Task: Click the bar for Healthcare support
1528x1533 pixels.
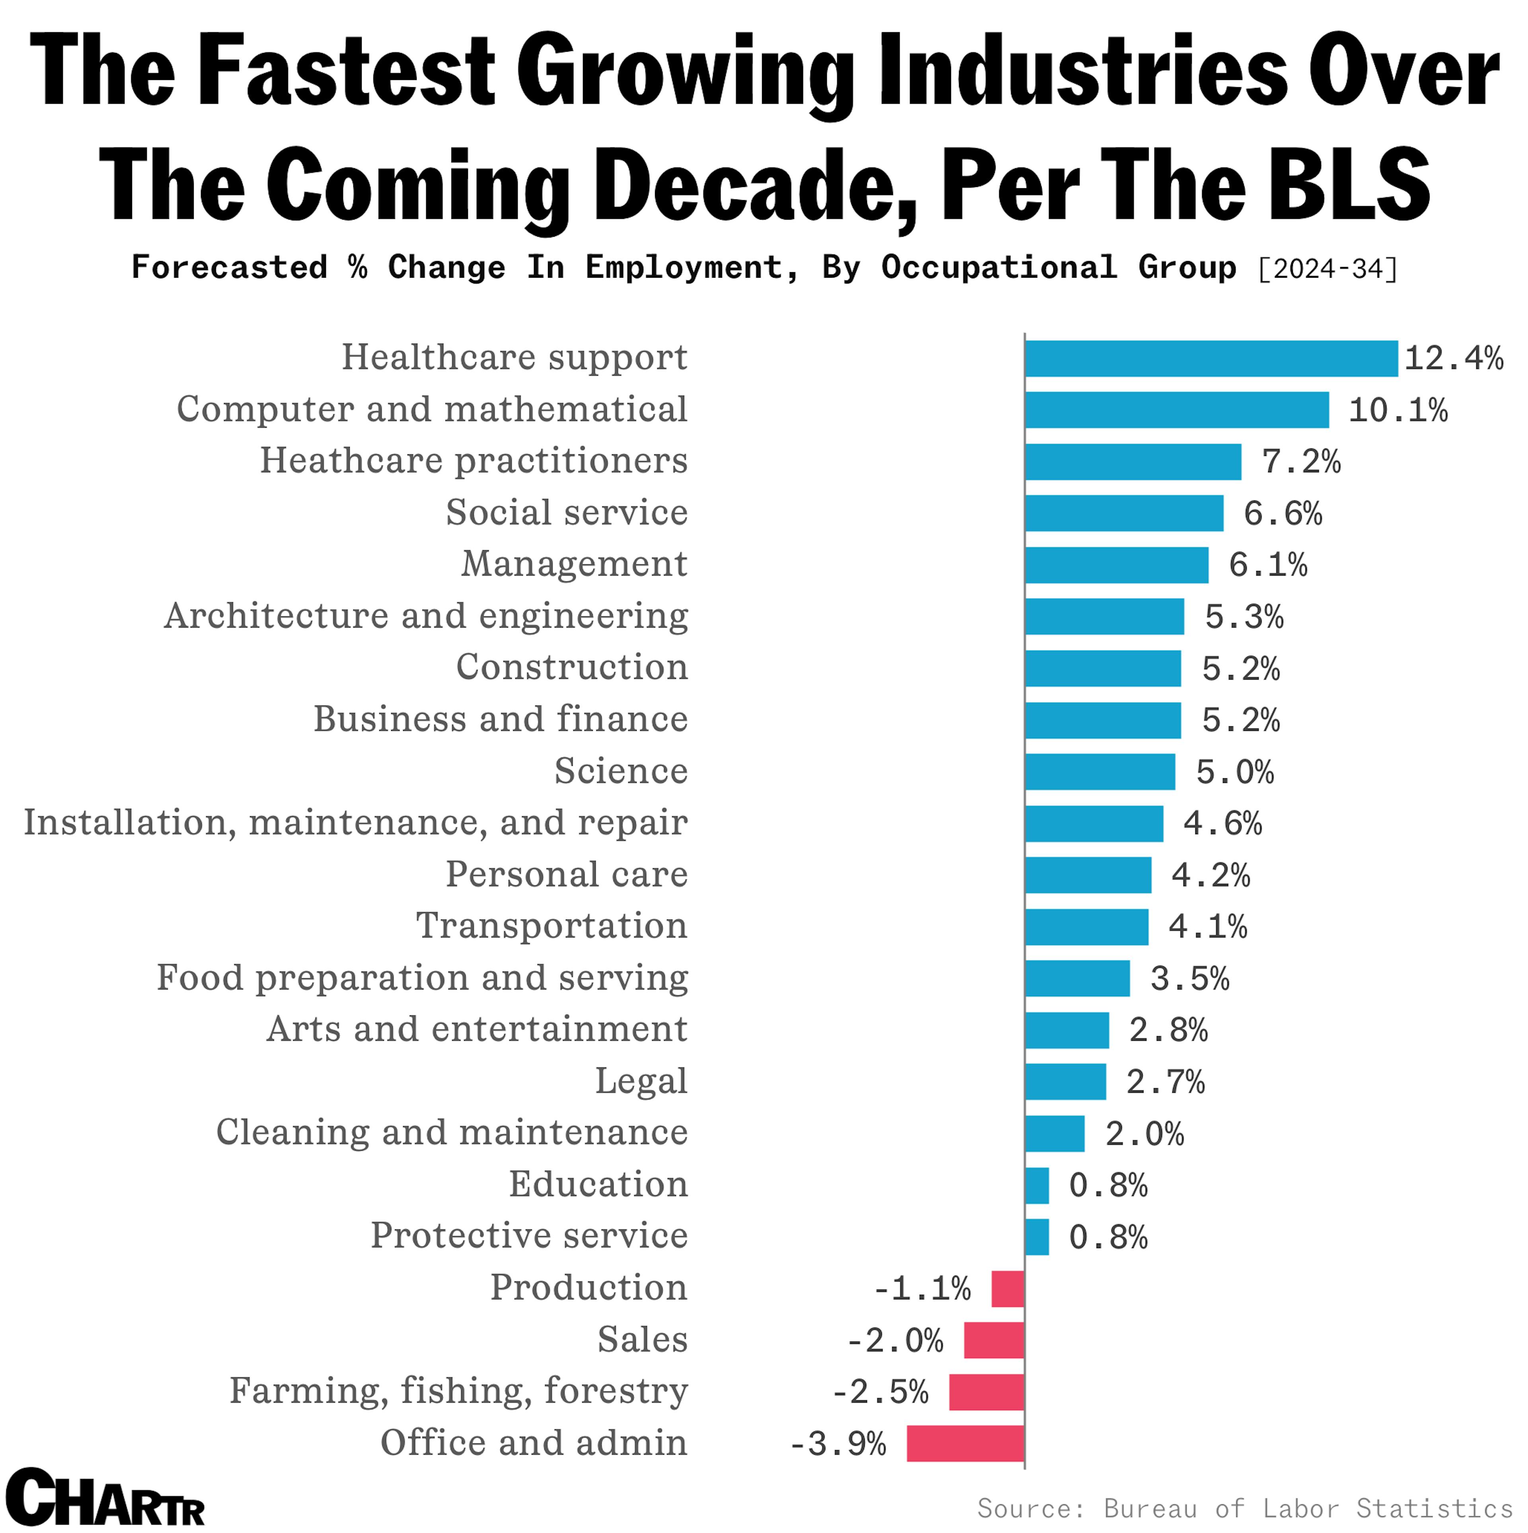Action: [x=1210, y=358]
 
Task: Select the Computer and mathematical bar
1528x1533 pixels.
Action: [x=1176, y=410]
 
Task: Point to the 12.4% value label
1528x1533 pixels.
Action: [x=1453, y=358]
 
